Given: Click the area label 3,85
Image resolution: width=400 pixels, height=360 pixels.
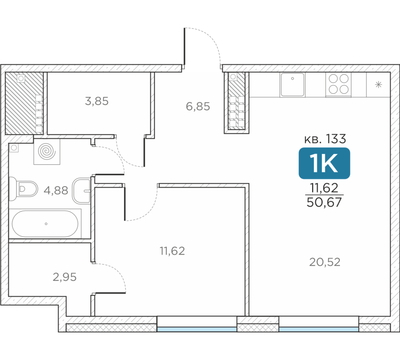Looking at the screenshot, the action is click(97, 101).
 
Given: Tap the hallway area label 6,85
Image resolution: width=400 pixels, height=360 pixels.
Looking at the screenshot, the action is click(198, 106).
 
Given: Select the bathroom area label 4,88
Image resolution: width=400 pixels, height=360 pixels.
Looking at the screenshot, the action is click(56, 190).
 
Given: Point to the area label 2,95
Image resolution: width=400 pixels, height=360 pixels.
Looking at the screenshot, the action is click(64, 277).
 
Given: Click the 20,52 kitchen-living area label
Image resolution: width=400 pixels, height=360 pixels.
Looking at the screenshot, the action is click(325, 262).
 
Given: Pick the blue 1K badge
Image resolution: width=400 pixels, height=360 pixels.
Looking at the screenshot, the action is click(324, 163).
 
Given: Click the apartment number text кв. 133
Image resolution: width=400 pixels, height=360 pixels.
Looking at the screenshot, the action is click(325, 139).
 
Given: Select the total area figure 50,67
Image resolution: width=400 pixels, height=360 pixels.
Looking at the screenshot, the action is click(324, 202).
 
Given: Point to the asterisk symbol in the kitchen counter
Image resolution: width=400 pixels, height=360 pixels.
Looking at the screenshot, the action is click(378, 84).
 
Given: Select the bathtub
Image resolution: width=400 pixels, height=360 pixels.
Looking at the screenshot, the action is click(45, 224).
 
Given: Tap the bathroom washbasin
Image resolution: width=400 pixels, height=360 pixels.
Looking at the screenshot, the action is click(82, 190).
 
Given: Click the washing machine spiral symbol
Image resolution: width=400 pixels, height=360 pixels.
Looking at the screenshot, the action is click(47, 152).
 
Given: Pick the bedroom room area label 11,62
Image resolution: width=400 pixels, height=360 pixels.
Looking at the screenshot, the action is click(172, 251).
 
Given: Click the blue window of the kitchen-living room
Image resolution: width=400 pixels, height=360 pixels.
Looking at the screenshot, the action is click(319, 329).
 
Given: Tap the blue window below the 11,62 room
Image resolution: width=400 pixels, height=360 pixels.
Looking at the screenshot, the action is click(197, 329).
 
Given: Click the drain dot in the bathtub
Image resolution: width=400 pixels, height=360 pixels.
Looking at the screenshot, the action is click(46, 224).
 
